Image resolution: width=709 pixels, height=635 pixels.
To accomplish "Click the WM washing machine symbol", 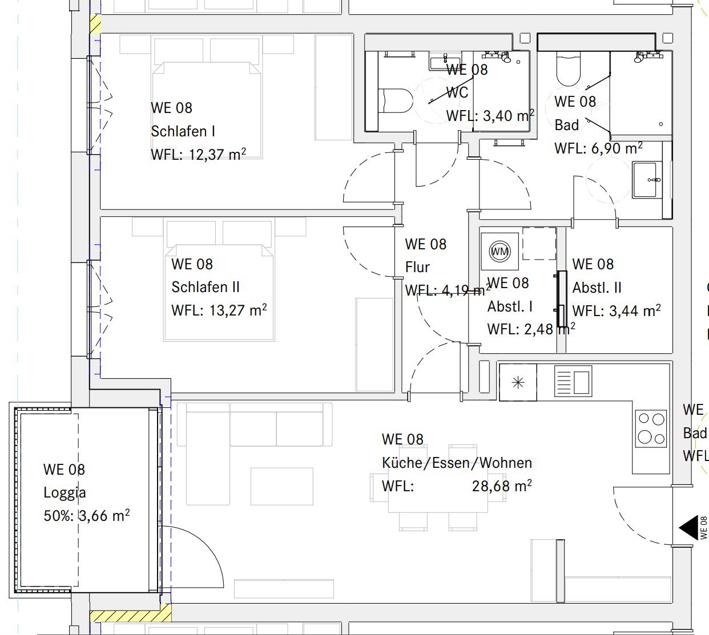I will pos(499,252).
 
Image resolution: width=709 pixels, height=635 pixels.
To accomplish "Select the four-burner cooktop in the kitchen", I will pos(651,428).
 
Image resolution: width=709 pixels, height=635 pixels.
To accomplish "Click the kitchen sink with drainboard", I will pos(573,382).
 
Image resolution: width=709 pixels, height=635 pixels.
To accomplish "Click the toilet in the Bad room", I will pos(568,68).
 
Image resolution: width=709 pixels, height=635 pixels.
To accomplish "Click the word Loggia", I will pos(65,493).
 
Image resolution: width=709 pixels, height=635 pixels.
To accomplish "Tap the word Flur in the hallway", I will pos(417,268).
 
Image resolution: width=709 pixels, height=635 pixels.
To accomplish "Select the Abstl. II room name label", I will pos(597,288).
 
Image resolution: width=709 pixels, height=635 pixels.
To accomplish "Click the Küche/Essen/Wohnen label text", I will pos(457,463).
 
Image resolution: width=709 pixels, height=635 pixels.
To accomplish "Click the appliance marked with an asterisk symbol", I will pos(518,382).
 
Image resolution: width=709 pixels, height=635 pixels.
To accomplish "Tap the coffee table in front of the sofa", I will pos(281,486).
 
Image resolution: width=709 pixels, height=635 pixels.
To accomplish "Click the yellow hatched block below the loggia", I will pos(130,616).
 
